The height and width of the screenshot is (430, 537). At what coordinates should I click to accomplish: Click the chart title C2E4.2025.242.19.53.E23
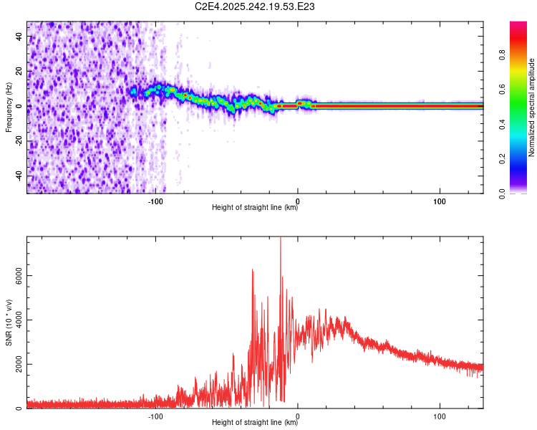coord(255,7)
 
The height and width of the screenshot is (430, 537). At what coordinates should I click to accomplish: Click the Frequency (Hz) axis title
coord(9,107)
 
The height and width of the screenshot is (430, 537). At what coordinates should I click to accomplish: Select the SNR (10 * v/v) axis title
coord(9,322)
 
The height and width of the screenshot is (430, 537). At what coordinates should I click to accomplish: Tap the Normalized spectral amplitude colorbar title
coord(532,107)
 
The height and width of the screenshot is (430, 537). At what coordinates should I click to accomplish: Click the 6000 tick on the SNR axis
coord(20,276)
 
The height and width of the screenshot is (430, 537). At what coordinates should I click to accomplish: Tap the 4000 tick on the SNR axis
coord(20,320)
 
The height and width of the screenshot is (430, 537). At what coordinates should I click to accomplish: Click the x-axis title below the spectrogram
coord(255,208)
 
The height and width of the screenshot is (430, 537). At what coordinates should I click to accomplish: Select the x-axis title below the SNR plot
coord(255,423)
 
